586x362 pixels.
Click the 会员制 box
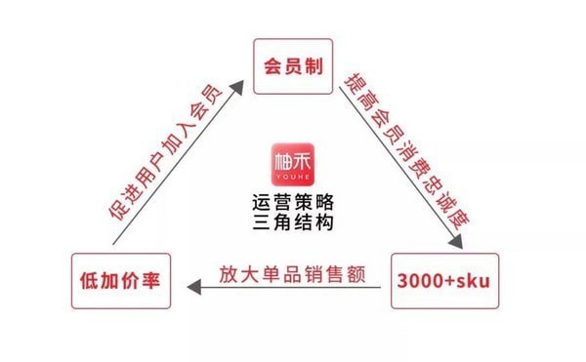click(x=292, y=66)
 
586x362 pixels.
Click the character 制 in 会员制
click(x=312, y=66)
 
